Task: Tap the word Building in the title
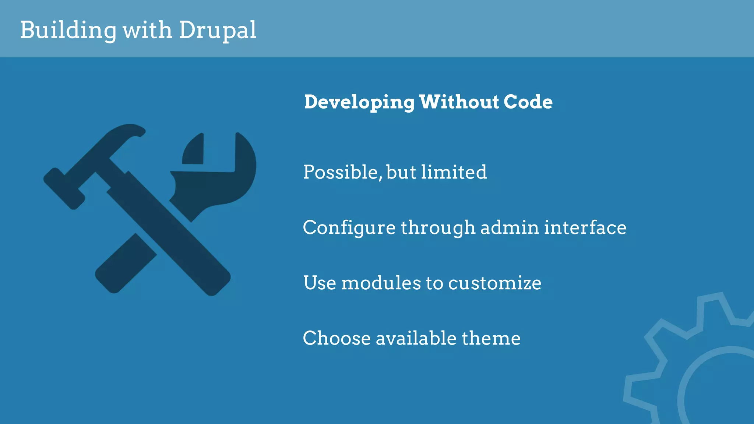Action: (x=68, y=30)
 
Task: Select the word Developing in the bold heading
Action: (x=359, y=102)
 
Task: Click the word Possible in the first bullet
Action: (x=341, y=172)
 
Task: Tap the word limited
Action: (x=454, y=172)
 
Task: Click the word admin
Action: (x=510, y=227)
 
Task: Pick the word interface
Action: (x=585, y=227)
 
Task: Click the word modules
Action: (x=381, y=283)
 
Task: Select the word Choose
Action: (x=337, y=338)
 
